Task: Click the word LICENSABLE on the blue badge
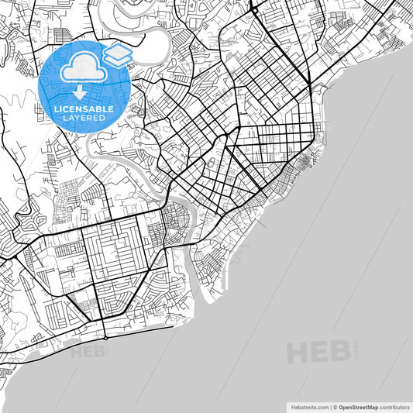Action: pos(84,109)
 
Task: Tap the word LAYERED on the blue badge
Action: pos(84,119)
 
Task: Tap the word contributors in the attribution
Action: pos(394,406)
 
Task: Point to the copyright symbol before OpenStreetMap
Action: pos(335,406)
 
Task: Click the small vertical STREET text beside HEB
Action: pos(356,349)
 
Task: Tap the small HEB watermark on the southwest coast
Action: pos(88,353)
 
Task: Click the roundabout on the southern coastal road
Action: pos(105,338)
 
